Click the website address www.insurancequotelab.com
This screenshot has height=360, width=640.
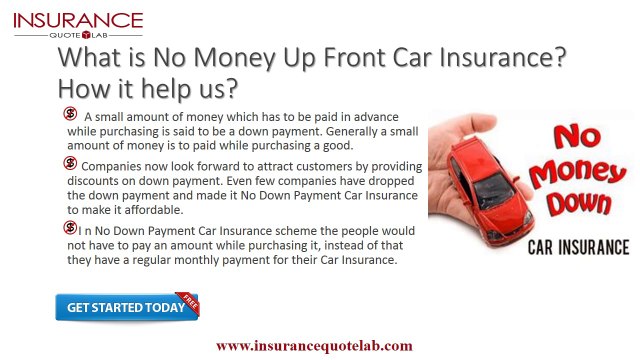coord(314,345)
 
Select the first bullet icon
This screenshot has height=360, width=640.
coord(72,114)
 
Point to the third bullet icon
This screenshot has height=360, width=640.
coord(72,229)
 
